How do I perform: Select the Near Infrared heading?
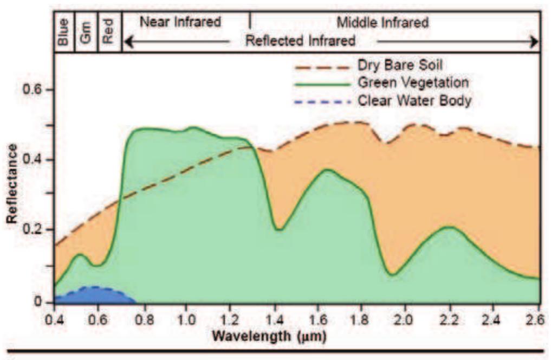tap(180, 22)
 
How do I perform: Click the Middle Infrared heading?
tap(383, 23)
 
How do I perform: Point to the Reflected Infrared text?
tap(301, 41)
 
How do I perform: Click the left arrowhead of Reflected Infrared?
tap(128, 41)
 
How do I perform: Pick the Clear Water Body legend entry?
tap(414, 101)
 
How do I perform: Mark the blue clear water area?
tap(92, 295)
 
